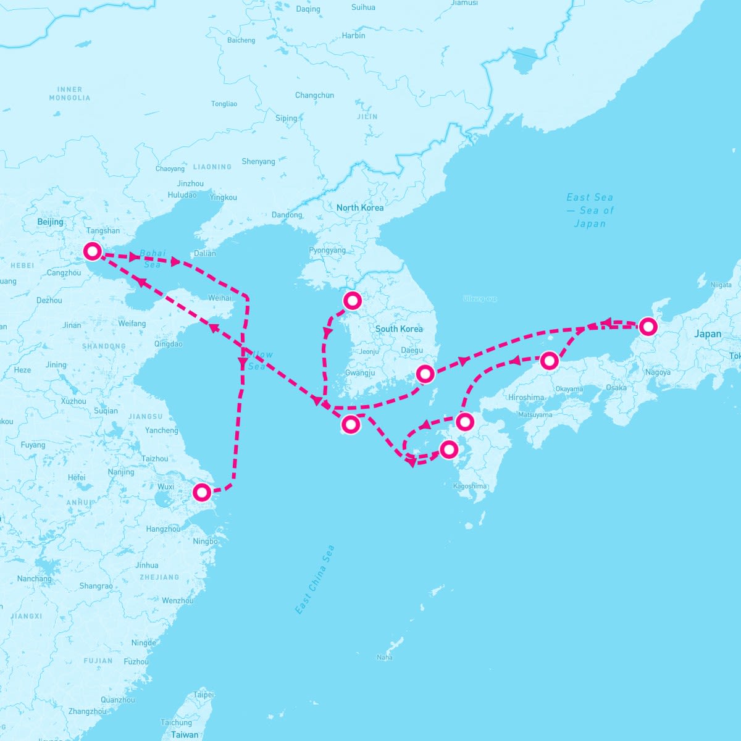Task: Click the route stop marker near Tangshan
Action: [x=93, y=251]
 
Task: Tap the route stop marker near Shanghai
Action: [x=202, y=492]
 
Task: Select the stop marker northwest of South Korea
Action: [x=352, y=301]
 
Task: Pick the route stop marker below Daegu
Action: [x=425, y=374]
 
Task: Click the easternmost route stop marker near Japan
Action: [x=647, y=326]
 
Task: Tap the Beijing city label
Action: [x=50, y=222]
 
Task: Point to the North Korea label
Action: [x=359, y=207]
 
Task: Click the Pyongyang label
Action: [x=327, y=251]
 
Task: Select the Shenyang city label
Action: [x=258, y=162]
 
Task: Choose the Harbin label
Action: [x=353, y=36]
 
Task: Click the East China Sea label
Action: [x=315, y=579]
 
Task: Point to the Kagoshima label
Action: [x=470, y=486]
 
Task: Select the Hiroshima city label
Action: [x=526, y=398]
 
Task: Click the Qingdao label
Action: [x=168, y=344]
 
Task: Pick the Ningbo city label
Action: [x=205, y=542]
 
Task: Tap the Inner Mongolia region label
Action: [x=70, y=94]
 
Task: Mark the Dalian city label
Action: [x=205, y=253]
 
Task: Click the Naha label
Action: [x=384, y=657]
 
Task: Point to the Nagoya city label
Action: [x=657, y=372]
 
